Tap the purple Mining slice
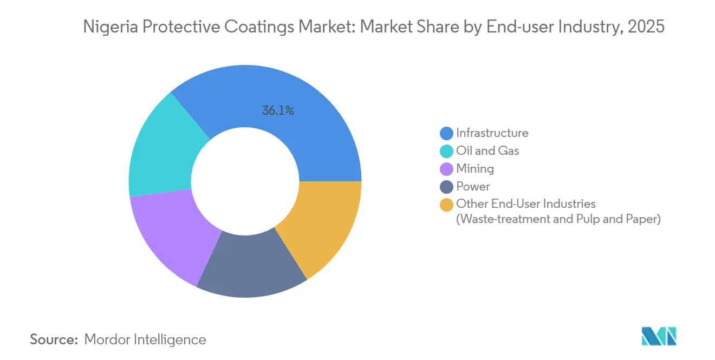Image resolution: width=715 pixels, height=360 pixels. click(x=173, y=233)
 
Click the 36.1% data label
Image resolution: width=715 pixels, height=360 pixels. click(x=278, y=111)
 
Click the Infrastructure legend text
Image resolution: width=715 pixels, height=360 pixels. click(x=492, y=133)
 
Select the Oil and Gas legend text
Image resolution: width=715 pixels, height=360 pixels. click(x=487, y=150)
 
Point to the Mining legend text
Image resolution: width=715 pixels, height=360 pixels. click(x=475, y=168)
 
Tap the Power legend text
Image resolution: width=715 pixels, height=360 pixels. click(x=473, y=186)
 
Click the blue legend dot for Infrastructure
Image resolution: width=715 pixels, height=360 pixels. click(x=446, y=133)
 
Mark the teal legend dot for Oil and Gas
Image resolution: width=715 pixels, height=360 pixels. click(x=446, y=151)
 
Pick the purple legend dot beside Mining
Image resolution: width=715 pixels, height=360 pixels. click(x=446, y=169)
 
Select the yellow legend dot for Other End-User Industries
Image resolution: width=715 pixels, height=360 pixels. click(x=446, y=205)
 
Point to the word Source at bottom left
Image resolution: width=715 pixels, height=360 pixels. click(x=54, y=339)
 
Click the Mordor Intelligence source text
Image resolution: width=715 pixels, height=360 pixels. click(x=145, y=339)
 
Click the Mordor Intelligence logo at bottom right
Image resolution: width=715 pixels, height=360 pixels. click(x=659, y=336)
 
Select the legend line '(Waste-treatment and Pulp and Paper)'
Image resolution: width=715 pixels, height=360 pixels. click(x=558, y=220)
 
